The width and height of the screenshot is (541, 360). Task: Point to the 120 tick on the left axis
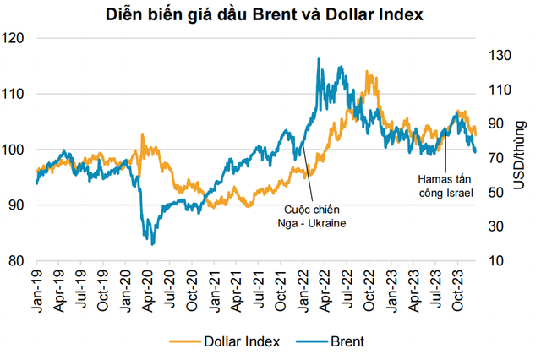[x=15, y=38]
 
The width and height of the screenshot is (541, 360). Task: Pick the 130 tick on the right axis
[x=500, y=55]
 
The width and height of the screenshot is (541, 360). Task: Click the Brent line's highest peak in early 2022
[x=318, y=58]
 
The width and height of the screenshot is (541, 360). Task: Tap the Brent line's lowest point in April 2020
[x=152, y=244]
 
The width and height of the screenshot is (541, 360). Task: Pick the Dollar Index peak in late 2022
[x=369, y=73]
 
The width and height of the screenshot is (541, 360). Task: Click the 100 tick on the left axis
[x=15, y=150]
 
